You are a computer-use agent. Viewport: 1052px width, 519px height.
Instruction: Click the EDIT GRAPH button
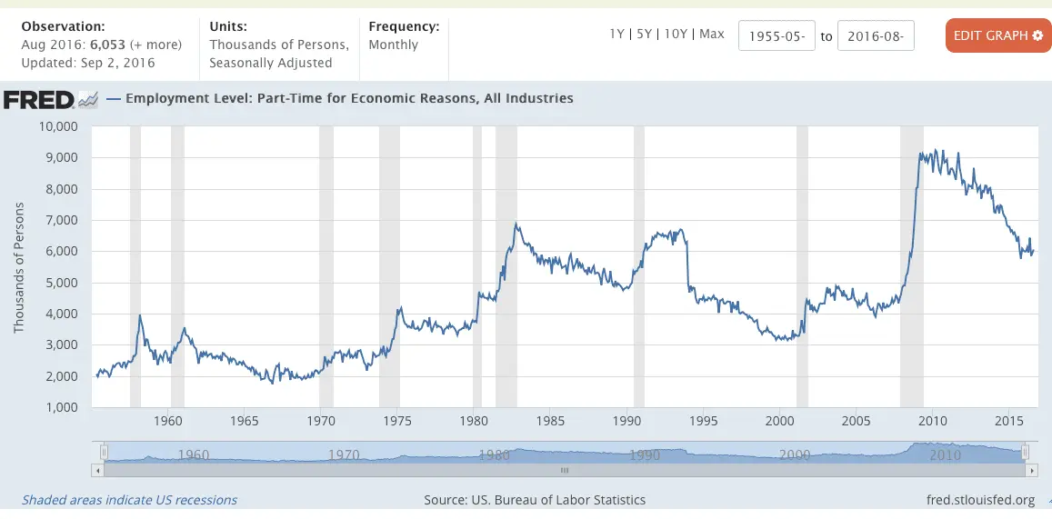coord(997,35)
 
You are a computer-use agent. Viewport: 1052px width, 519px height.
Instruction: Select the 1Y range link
coord(617,34)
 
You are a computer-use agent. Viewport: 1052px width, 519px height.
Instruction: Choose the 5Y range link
coord(645,34)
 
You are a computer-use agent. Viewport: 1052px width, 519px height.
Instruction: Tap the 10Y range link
coord(676,34)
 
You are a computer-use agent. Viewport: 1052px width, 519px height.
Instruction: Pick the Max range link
coord(711,34)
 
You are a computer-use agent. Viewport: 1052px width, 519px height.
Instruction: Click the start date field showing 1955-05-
coord(776,36)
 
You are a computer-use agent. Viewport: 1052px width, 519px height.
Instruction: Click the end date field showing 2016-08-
coord(875,36)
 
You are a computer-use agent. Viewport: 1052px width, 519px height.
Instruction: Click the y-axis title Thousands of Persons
coord(18,267)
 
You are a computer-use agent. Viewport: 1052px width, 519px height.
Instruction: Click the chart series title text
coord(349,98)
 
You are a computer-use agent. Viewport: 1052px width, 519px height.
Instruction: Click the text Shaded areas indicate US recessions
coord(129,500)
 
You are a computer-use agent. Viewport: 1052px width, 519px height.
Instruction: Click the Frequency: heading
coord(404,26)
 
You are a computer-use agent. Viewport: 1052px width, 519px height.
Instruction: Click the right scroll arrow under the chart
coord(1031,470)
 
